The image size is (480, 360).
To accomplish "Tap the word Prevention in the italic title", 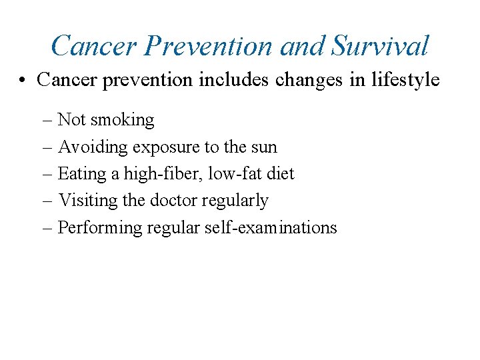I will click(209, 46).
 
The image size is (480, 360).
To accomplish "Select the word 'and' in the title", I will click(303, 46).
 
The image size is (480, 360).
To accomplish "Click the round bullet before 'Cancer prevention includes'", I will click(23, 81).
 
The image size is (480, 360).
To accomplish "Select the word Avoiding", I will click(93, 147).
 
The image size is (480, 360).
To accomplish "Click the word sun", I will click(263, 147).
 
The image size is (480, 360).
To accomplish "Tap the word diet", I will click(279, 174).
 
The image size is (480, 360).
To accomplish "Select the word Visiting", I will click(88, 201).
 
